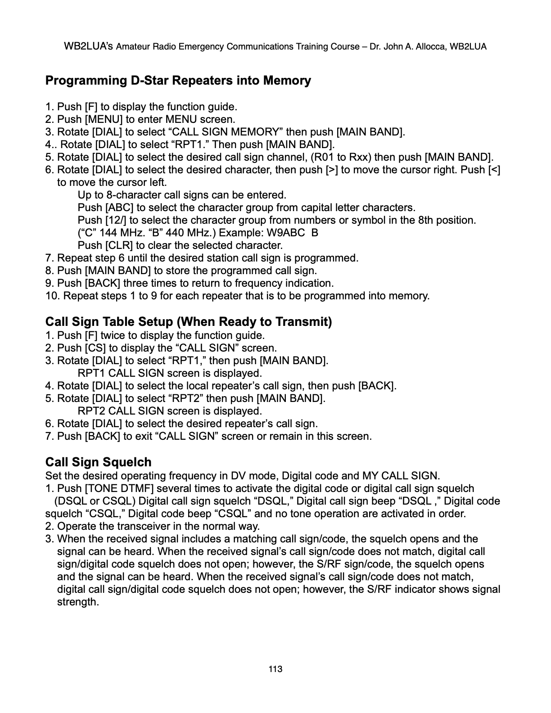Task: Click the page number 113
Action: coord(275,669)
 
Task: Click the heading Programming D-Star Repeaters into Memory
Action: coord(178,81)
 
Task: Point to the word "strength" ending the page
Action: coord(77,602)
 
